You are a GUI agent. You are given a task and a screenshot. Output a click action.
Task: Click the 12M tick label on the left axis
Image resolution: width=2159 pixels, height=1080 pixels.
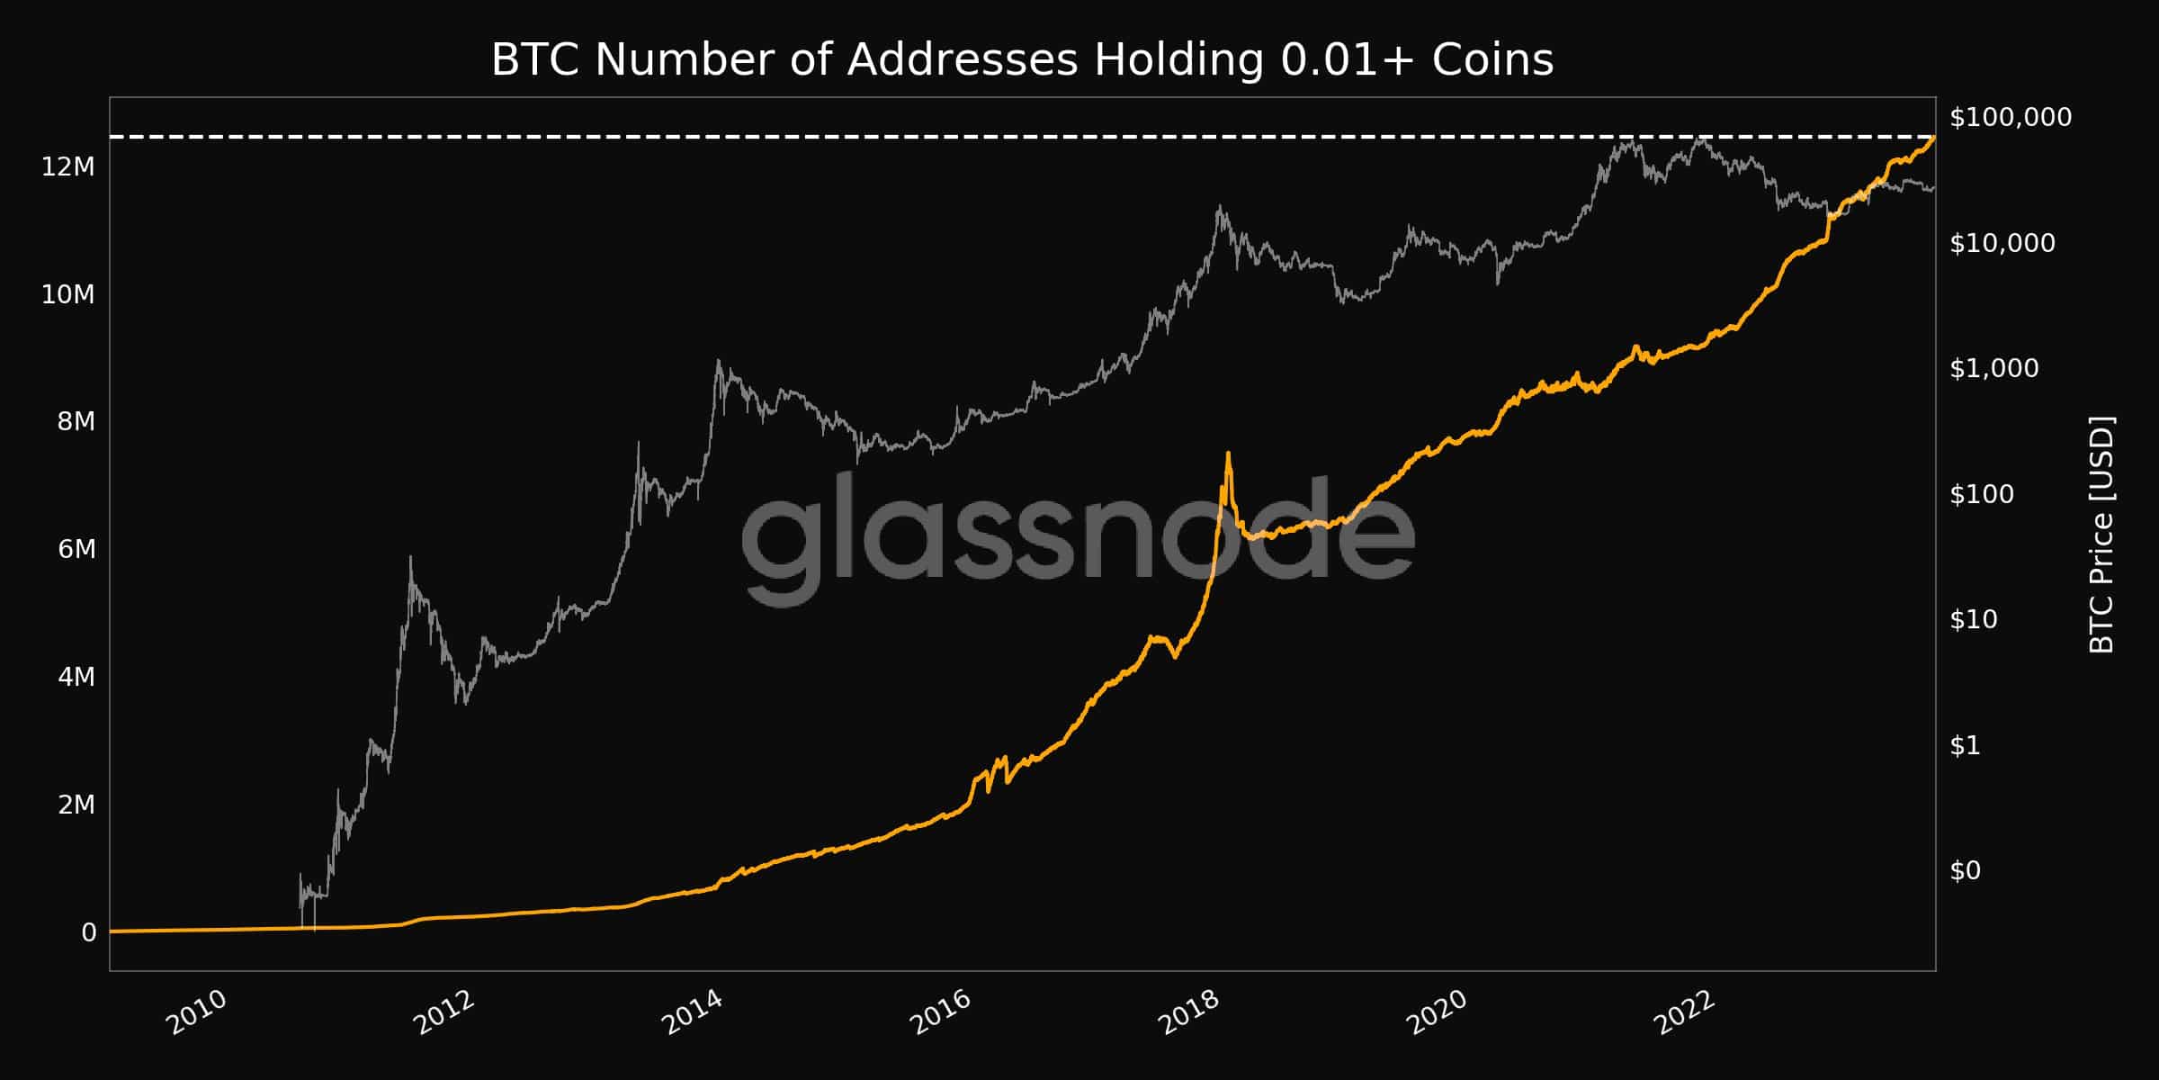point(68,166)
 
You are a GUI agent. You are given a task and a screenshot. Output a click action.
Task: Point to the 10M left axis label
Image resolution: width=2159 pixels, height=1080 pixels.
point(68,294)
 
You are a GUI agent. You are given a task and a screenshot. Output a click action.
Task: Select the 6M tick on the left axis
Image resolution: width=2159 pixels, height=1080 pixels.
point(76,549)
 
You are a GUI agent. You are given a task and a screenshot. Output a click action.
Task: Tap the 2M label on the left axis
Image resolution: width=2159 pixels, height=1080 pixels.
point(76,805)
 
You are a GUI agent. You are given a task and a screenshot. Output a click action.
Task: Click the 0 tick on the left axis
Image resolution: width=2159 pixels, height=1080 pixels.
point(88,932)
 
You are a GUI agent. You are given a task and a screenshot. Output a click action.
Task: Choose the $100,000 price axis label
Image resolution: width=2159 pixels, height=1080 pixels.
point(2011,117)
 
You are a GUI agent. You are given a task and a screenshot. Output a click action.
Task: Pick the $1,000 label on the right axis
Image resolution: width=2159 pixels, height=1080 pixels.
point(1993,368)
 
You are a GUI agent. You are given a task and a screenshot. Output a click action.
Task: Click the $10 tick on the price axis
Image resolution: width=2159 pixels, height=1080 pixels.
point(1974,619)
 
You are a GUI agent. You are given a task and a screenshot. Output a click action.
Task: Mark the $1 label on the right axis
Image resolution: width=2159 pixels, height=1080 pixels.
point(1965,745)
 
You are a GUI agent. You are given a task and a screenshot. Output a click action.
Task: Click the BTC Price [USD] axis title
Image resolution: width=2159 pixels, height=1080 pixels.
point(2101,535)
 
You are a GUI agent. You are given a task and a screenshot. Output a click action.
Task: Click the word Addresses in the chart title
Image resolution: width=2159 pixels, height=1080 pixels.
point(962,60)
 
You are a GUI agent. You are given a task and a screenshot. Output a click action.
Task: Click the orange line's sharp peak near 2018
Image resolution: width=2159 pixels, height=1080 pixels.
point(1228,453)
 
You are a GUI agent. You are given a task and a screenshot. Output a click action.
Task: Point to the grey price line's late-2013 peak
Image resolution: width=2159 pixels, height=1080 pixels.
point(718,361)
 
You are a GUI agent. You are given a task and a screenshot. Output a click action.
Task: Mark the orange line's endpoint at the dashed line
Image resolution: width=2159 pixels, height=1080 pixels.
point(1934,137)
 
